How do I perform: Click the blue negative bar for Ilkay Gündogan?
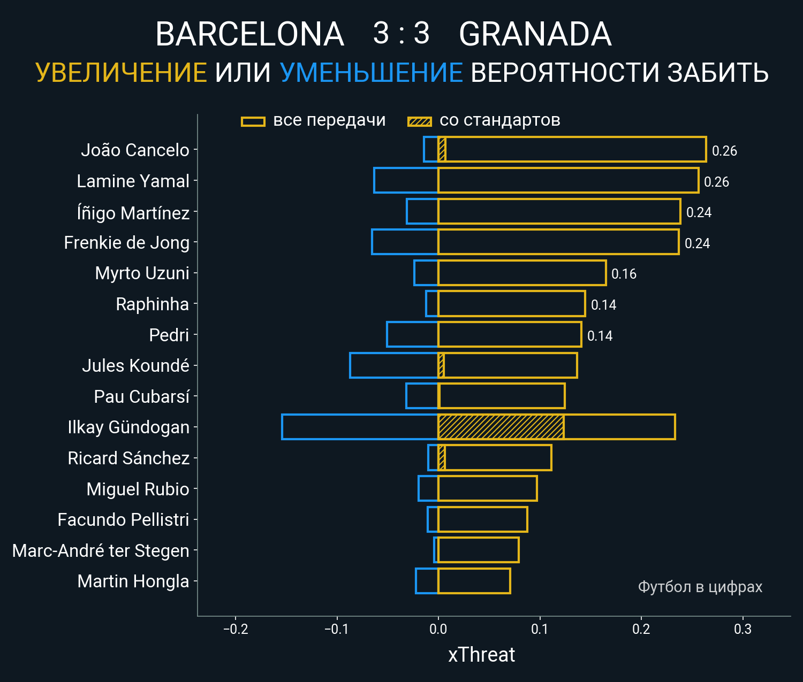(x=360, y=427)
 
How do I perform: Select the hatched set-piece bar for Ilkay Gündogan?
(x=501, y=427)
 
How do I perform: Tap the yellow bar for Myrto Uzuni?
(x=522, y=273)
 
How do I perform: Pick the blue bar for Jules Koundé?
(x=394, y=365)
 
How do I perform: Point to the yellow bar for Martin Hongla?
(x=474, y=581)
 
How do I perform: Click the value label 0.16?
(x=624, y=274)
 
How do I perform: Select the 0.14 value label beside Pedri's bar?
(x=600, y=336)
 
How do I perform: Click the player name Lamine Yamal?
(x=133, y=181)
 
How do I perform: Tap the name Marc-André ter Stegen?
(x=101, y=550)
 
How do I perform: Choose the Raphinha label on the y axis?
(x=153, y=304)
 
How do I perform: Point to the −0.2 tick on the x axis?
(x=236, y=629)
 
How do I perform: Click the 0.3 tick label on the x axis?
(x=743, y=629)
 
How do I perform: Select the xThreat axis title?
(x=481, y=655)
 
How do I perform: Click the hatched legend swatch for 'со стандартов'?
(x=419, y=121)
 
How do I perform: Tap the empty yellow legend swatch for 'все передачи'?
(x=253, y=121)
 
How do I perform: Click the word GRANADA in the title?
(x=535, y=34)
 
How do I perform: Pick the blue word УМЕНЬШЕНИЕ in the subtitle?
(x=371, y=73)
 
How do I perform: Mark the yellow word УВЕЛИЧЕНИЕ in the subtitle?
(x=121, y=73)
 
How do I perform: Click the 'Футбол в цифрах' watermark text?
(x=700, y=587)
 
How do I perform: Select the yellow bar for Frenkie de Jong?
(x=558, y=242)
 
